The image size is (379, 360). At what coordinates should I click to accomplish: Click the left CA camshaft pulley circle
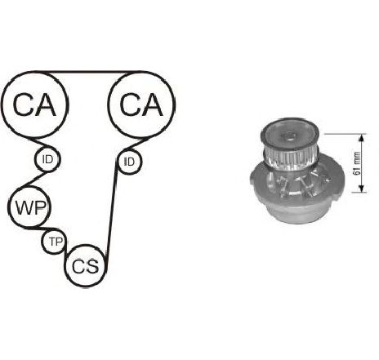point(34,73)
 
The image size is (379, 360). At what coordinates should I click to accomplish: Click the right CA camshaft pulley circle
point(141,73)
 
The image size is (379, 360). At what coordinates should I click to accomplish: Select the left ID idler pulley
point(47,147)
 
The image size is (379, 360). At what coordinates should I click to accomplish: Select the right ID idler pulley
point(129,150)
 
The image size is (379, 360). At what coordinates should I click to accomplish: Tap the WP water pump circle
point(29,187)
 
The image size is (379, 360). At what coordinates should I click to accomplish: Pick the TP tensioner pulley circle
point(55,229)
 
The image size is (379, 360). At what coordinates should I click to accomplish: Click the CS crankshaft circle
point(86,246)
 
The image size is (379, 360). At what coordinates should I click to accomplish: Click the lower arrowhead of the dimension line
point(361,189)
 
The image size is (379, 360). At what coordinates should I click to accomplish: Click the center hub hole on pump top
point(289,135)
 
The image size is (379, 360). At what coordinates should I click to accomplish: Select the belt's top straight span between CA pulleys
point(88,73)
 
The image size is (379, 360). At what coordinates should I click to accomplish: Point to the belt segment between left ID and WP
point(34,179)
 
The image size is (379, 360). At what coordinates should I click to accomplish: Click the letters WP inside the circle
point(30,207)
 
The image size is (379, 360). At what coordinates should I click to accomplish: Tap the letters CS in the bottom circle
point(85,266)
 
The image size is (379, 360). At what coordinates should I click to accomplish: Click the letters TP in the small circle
point(56,242)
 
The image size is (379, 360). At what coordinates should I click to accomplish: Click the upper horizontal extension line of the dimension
point(346,134)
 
